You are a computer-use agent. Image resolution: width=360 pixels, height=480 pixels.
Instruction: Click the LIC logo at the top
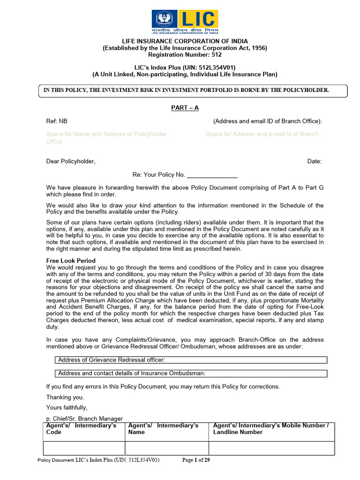point(185,22)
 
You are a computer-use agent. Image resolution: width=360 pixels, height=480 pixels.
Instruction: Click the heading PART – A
point(185,108)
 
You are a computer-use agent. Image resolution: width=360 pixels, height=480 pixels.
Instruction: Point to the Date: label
point(314,161)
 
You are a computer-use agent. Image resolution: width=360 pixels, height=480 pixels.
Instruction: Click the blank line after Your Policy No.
point(212,175)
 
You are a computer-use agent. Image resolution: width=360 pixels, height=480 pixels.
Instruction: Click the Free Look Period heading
point(71,261)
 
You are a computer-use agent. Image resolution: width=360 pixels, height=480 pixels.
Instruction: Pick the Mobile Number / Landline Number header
point(271,428)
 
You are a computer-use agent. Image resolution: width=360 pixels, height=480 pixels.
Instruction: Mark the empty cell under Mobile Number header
point(271,448)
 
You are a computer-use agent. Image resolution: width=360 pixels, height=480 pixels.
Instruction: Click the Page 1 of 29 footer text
point(196,460)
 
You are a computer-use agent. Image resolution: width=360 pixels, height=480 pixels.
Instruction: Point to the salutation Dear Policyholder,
point(71,161)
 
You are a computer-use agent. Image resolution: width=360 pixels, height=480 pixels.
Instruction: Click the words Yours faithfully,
point(67,407)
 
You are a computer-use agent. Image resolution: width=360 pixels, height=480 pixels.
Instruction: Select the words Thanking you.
point(65,397)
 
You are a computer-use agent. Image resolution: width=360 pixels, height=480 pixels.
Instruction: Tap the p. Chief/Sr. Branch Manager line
point(84,419)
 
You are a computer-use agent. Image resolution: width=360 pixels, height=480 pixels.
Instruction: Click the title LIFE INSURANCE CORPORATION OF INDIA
point(185,41)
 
